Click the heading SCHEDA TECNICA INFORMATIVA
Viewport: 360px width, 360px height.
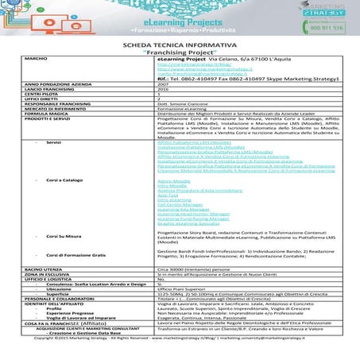point(180,48)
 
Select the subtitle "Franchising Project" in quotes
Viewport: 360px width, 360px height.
point(180,56)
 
